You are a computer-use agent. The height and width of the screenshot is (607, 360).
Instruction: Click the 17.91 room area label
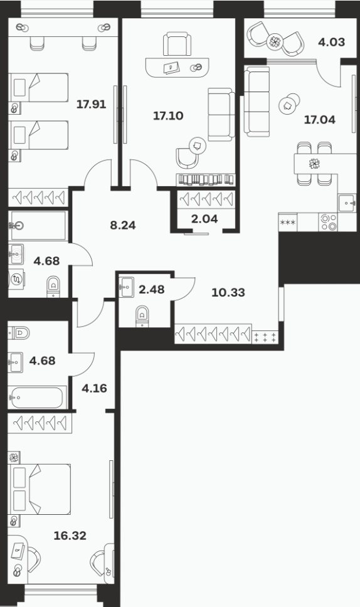coord(91,104)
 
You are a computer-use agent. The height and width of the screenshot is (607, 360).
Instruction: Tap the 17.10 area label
coord(168,115)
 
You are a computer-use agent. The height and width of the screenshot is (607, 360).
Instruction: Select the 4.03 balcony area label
coord(331,42)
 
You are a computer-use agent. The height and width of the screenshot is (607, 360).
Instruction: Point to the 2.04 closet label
coord(204,219)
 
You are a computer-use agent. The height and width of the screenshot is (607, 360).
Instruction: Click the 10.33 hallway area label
coord(228,292)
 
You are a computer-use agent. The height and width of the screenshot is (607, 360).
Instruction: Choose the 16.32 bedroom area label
coord(70,536)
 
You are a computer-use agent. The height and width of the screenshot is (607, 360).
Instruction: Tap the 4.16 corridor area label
coord(95,388)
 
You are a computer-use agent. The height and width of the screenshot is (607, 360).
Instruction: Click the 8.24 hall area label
coord(123,225)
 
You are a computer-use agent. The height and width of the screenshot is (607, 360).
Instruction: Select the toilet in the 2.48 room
coord(142,316)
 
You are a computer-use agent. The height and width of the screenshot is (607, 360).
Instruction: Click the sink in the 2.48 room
coord(126,287)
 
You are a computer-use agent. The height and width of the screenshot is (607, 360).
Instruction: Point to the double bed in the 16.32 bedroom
coord(40,489)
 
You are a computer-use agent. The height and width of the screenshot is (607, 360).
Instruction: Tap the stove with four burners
coord(328,222)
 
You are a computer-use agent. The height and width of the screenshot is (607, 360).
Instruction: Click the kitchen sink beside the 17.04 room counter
coord(347,203)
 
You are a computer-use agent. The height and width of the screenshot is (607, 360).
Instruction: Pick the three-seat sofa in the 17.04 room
coord(257,102)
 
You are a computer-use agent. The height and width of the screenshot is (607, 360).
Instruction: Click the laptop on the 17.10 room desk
coord(171,68)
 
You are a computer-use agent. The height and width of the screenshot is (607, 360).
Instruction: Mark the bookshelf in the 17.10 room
coord(206,179)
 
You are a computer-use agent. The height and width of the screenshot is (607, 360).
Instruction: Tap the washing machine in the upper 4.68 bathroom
coord(17,279)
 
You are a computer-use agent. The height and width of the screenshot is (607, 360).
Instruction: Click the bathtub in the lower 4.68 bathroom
coord(37,397)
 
